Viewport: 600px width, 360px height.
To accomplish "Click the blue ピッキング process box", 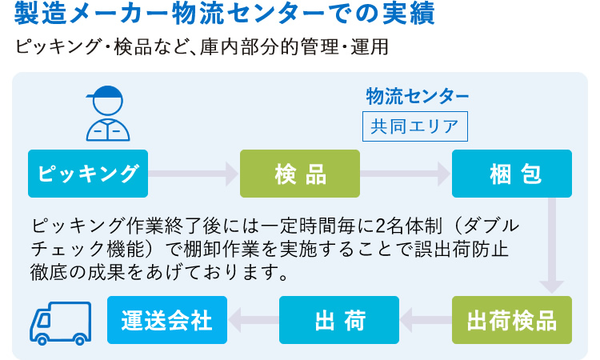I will point(88,173).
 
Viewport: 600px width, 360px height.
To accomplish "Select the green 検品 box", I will point(300,173).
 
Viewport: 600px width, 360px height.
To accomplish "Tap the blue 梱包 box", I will point(512,173).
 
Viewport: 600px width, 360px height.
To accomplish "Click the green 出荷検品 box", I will point(512,320).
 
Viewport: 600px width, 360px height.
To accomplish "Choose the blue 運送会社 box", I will point(167,320).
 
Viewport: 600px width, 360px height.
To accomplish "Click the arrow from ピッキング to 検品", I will point(194,173).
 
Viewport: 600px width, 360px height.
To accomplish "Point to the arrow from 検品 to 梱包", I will point(406,173).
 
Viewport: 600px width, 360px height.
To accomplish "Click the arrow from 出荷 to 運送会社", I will point(253,320).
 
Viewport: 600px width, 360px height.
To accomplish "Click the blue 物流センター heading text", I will point(418,96).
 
